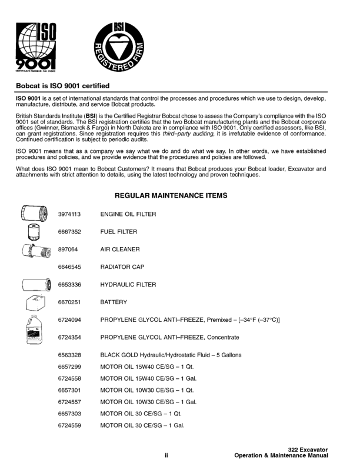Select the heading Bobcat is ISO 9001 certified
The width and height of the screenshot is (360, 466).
click(x=65, y=85)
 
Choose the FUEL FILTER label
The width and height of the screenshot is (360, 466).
click(x=119, y=232)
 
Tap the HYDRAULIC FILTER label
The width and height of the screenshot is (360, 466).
click(x=128, y=285)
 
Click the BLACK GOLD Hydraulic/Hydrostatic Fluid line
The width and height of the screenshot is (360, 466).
click(x=171, y=355)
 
